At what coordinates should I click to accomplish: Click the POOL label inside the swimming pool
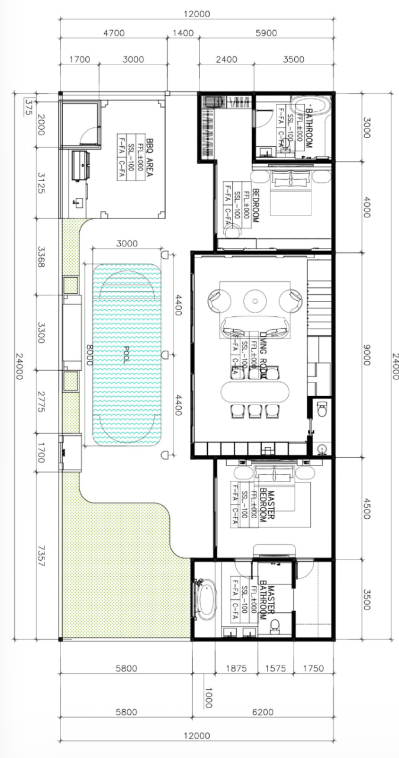point(126,354)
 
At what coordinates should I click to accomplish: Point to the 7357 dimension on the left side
point(41,555)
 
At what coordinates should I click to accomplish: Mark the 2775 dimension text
point(41,392)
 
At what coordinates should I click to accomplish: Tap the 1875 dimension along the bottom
point(236,668)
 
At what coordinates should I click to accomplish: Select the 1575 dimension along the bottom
point(275,668)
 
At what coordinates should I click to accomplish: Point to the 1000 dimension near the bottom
point(207,698)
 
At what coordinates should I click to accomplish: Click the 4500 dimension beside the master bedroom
point(366,508)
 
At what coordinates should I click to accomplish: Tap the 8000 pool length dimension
point(89,354)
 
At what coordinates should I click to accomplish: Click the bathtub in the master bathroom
point(207,600)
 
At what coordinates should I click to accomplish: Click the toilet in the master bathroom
point(275,625)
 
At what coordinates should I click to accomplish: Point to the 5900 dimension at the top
point(266,33)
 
